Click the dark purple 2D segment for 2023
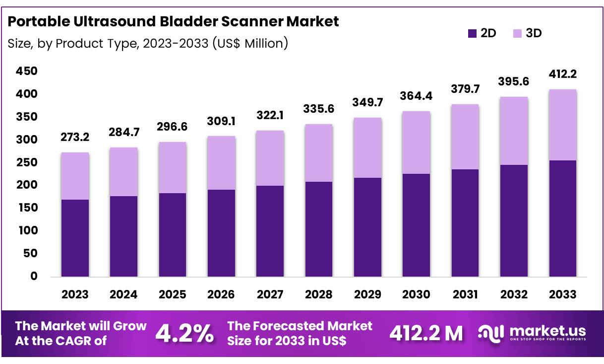pyautogui.click(x=75, y=238)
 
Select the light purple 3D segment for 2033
pyautogui.click(x=562, y=125)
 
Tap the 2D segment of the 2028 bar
pyautogui.click(x=318, y=229)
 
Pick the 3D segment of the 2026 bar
pyautogui.click(x=221, y=163)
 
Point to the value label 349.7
pyautogui.click(x=367, y=103)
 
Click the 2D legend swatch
pyautogui.click(x=472, y=33)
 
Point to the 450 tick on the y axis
pyautogui.click(x=27, y=72)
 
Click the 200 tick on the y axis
pyautogui.click(x=27, y=185)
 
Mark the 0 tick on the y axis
pyautogui.click(x=34, y=277)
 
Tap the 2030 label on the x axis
pyautogui.click(x=416, y=295)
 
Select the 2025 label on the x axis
pyautogui.click(x=172, y=295)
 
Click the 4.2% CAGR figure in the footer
pyautogui.click(x=184, y=333)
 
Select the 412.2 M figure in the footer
pyautogui.click(x=426, y=333)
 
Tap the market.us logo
pyautogui.click(x=532, y=333)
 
